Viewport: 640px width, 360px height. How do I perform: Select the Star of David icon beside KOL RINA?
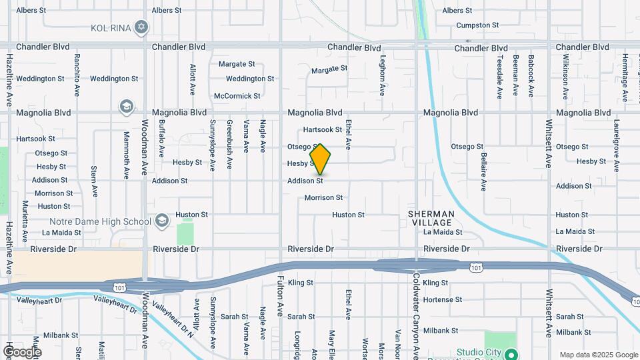[x=141, y=27]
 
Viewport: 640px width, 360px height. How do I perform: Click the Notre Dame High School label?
[x=100, y=221]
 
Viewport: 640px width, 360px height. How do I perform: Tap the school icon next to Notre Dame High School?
[x=161, y=221]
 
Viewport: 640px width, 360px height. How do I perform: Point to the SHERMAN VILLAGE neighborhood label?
[x=431, y=219]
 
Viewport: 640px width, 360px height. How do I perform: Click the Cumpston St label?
[x=477, y=25]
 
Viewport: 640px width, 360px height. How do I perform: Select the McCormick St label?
[x=233, y=96]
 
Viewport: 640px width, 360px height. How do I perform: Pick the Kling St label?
[x=301, y=283]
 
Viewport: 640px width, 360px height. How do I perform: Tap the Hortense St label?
[x=437, y=300]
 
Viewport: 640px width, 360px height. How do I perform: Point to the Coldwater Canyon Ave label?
[x=416, y=313]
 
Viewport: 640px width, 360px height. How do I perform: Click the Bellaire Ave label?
[x=484, y=171]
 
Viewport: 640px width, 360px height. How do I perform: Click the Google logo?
[x=21, y=351]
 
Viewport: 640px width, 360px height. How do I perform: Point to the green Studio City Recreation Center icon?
[x=511, y=353]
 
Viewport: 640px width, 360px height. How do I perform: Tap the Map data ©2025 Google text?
[x=599, y=355]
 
